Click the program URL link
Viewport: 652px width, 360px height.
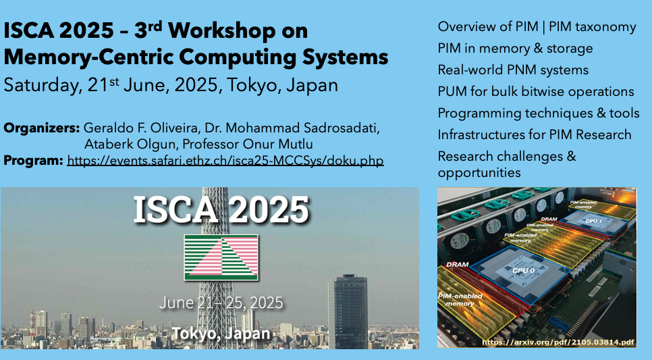[225, 161]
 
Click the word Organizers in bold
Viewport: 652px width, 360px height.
[42, 128]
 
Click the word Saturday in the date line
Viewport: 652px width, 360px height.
[40, 86]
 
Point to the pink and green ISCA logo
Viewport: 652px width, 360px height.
[221, 257]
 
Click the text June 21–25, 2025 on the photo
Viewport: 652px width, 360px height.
[221, 303]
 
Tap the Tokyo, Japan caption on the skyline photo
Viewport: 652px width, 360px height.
[221, 334]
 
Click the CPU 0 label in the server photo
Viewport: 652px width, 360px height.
[523, 271]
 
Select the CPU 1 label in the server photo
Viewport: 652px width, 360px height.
[594, 221]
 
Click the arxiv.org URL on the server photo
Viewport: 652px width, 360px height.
[558, 342]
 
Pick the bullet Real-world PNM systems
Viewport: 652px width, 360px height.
[513, 70]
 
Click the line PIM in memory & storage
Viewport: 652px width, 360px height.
[515, 48]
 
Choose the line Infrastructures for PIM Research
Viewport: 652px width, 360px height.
[535, 134]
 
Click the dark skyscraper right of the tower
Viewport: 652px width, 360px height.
[348, 311]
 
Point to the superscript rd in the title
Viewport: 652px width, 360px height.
[155, 26]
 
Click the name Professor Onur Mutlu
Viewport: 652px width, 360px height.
[248, 145]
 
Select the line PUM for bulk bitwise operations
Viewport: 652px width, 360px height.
[536, 92]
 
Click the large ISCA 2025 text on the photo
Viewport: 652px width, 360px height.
[221, 209]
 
